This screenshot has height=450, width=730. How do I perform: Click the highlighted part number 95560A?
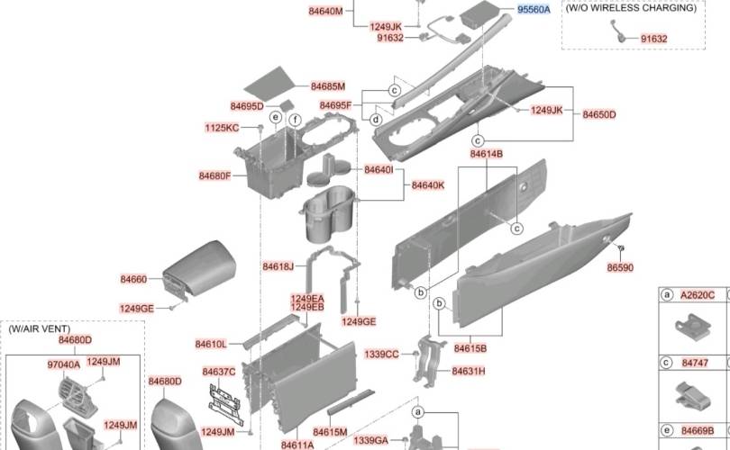pos(534,9)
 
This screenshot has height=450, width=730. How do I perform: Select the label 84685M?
pos(328,86)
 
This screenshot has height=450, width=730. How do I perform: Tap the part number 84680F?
pos(215,175)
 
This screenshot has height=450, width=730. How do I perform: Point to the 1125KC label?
pos(221,129)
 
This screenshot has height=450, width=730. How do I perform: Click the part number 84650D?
pos(599,114)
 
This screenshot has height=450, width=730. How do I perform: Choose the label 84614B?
pos(486,154)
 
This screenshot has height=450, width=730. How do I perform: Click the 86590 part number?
pos(619,267)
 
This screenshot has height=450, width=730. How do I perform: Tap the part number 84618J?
pos(278,266)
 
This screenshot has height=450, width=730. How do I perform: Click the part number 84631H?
pos(469,371)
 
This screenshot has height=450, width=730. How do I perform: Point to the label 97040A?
pos(63,364)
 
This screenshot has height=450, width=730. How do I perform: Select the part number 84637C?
pos(219,372)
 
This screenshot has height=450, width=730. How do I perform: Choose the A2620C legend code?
pos(698,294)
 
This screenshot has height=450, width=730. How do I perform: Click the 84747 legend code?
pos(695,363)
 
